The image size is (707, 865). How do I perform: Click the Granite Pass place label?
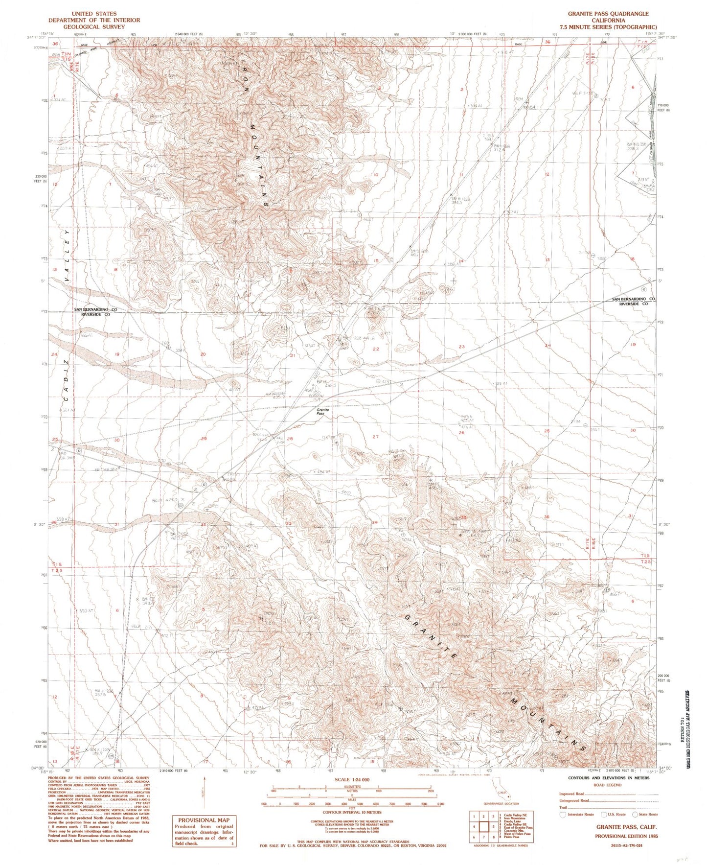click(320, 412)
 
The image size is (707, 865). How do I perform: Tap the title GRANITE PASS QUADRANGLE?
click(608, 14)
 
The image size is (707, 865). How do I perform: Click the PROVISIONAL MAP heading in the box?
click(203, 820)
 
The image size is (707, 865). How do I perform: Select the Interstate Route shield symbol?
click(563, 815)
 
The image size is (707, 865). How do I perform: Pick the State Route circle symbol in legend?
click(635, 815)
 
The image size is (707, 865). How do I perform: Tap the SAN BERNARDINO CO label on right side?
click(634, 299)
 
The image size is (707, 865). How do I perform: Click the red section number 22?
click(376, 349)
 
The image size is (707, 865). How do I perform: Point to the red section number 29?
click(204, 439)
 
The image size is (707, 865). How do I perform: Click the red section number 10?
click(376, 175)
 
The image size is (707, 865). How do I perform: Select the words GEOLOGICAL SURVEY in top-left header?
click(93, 26)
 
